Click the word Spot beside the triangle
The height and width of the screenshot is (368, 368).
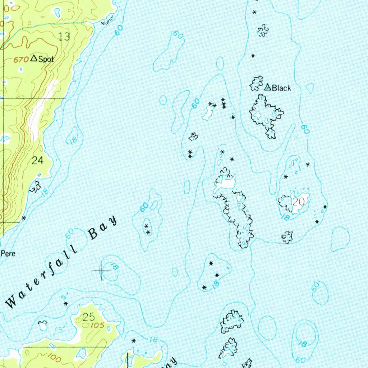tap(46, 59)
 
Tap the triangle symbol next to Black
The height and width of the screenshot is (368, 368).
tap(267, 87)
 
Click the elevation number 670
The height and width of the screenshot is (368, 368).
tap(21, 60)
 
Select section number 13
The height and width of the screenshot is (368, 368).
tap(64, 36)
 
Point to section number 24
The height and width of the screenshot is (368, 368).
tap(37, 161)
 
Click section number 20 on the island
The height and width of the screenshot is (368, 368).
tap(298, 202)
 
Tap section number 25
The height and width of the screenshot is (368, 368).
tap(88, 317)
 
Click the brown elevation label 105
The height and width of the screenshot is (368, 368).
tap(96, 326)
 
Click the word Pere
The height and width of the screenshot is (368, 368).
tap(8, 253)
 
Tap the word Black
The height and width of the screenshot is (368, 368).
tap(281, 88)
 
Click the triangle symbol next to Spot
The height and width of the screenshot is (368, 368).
tap(34, 58)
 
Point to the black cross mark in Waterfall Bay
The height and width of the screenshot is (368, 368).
tap(102, 271)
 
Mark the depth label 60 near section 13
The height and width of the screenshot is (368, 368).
tap(119, 31)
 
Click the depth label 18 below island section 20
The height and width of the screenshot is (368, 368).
tap(285, 217)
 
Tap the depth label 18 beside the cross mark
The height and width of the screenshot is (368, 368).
tap(114, 267)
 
